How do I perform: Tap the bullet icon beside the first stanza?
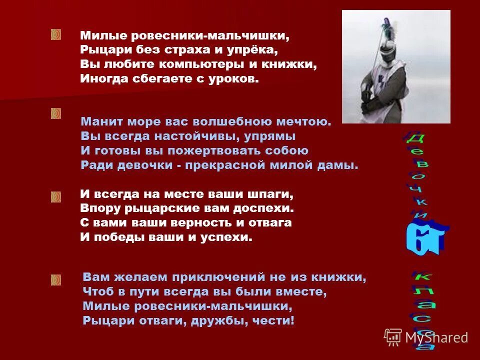55,34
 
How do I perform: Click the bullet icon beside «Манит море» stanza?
55,113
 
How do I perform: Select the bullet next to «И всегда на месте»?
55,197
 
